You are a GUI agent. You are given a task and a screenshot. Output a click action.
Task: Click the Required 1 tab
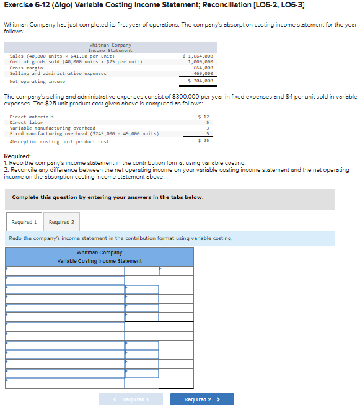pos(24,222)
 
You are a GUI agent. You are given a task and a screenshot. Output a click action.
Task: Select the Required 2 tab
pos(61,222)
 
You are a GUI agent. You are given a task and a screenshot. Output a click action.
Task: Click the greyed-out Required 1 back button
pos(130,399)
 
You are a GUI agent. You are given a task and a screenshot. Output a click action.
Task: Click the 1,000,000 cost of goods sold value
pos(201,61)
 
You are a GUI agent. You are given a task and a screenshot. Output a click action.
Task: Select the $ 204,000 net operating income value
pos(200,81)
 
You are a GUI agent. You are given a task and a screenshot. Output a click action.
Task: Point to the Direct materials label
pos(32,117)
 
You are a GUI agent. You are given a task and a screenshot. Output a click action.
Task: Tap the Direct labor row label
pos(27,122)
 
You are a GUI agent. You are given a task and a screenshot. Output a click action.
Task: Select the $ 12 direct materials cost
pos(203,117)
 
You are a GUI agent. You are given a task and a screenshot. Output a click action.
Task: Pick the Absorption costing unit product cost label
pos(59,141)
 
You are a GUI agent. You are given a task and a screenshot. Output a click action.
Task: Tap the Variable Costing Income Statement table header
pos(99,261)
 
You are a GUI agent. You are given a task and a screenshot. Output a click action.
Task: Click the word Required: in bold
pos(18,156)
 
